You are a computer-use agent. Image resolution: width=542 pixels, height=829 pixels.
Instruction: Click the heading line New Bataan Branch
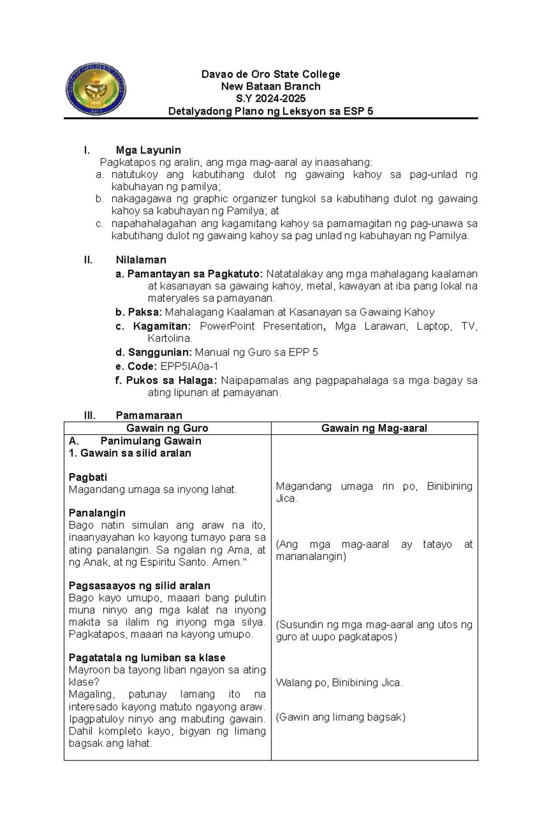(x=271, y=86)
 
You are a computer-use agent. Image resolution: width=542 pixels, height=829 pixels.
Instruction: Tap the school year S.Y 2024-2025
(x=271, y=98)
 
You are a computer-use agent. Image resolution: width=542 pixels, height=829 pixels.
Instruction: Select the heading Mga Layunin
(x=148, y=150)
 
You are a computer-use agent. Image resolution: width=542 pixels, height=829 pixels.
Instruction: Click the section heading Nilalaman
(x=141, y=260)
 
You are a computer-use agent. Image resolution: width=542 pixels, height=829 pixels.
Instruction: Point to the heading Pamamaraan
(x=149, y=415)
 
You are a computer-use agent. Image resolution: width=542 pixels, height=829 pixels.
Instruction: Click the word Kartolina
(x=170, y=338)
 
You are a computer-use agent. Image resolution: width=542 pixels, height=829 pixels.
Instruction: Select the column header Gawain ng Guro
(x=167, y=428)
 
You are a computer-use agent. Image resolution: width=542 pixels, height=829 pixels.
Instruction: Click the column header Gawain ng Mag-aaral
(x=374, y=428)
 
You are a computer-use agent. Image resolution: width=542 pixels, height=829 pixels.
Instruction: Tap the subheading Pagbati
(x=88, y=477)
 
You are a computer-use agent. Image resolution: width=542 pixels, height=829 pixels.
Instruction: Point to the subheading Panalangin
(x=97, y=513)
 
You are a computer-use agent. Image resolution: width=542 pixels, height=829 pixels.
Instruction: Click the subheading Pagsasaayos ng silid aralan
(x=139, y=585)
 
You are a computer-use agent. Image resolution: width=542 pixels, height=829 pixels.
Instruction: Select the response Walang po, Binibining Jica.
(x=339, y=683)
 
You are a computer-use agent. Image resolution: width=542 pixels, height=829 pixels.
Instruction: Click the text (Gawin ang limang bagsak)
(x=341, y=717)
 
